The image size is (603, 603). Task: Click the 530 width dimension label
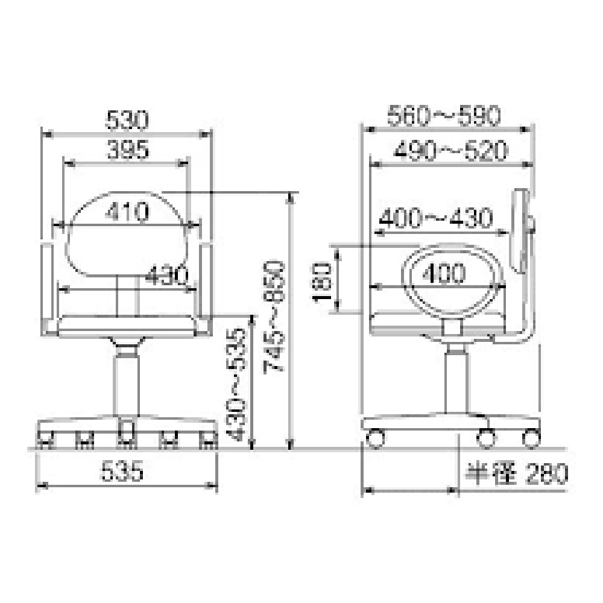tap(127, 120)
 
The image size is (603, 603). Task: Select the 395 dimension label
tap(128, 150)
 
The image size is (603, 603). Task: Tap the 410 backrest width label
tap(127, 211)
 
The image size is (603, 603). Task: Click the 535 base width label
tap(122, 471)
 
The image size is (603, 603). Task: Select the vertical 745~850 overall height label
tap(274, 317)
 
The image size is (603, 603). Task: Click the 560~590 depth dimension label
tap(444, 115)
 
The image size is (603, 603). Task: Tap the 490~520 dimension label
tap(450, 150)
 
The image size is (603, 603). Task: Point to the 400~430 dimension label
tap(436, 218)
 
